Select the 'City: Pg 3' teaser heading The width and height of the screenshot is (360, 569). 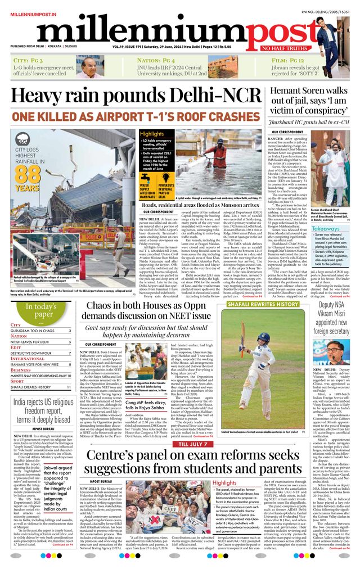(29, 60)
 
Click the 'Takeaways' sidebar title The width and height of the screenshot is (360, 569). (326, 228)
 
